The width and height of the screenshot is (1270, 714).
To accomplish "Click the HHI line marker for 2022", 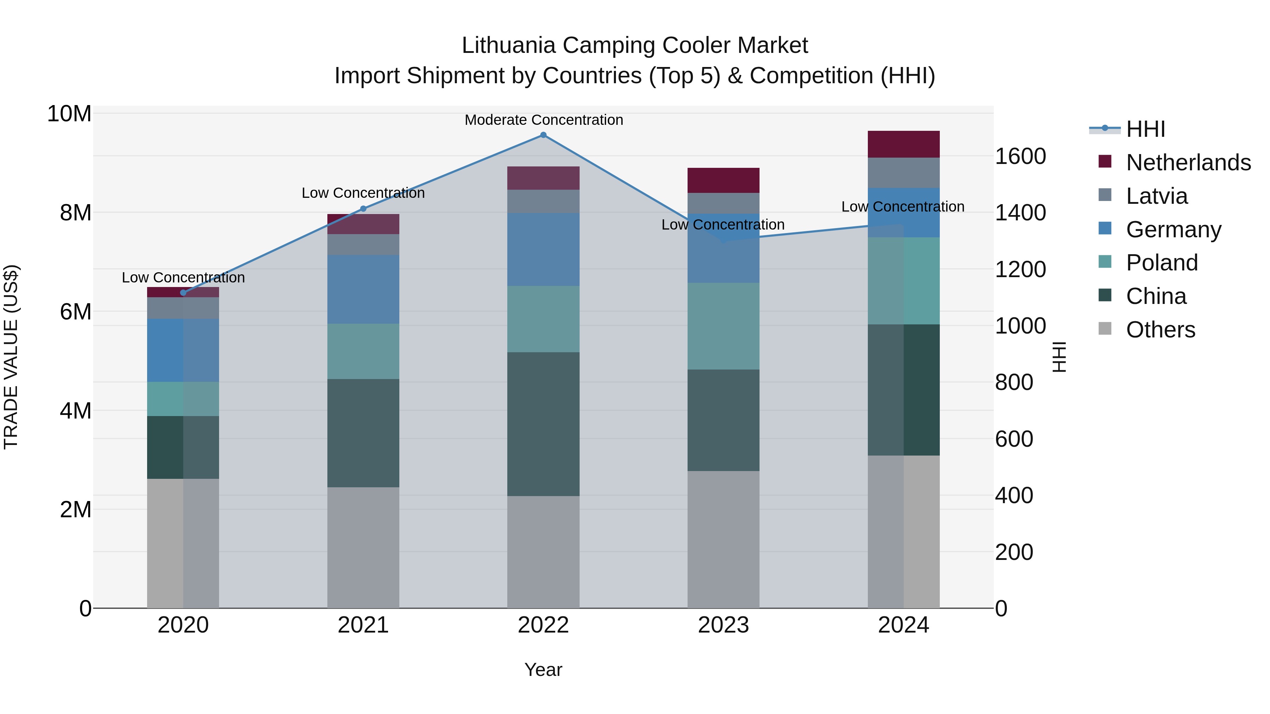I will (x=543, y=135).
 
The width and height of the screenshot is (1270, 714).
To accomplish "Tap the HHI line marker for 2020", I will (x=183, y=293).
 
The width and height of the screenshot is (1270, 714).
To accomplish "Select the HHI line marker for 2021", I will (x=363, y=209).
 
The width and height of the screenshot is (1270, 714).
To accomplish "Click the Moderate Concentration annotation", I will (x=543, y=120).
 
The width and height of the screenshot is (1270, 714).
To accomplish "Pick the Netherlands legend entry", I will (x=1188, y=163).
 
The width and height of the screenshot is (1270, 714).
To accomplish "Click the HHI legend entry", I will (x=1145, y=129).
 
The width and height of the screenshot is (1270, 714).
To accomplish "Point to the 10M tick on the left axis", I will (x=69, y=114).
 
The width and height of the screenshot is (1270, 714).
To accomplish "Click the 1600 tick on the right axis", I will (x=1020, y=156).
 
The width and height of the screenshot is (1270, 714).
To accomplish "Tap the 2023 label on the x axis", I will (x=723, y=625).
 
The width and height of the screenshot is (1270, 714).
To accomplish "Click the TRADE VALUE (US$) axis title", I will (x=11, y=357).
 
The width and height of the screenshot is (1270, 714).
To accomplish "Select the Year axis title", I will (x=543, y=670).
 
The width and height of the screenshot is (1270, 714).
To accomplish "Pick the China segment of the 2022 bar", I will (x=543, y=424).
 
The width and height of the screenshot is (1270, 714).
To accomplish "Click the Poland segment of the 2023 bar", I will (x=723, y=326).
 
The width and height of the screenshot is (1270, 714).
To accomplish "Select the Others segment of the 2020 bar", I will (x=183, y=543).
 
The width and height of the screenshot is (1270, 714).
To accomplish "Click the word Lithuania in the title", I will (x=508, y=45).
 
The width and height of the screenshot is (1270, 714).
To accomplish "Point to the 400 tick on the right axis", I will (x=1014, y=495).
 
